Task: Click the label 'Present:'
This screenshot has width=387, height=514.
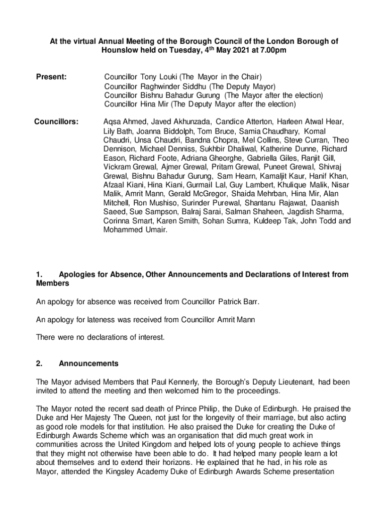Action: point(51,77)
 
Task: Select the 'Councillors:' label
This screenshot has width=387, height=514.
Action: point(56,122)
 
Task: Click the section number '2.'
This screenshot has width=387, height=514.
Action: point(40,363)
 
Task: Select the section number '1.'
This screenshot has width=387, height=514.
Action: point(40,275)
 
